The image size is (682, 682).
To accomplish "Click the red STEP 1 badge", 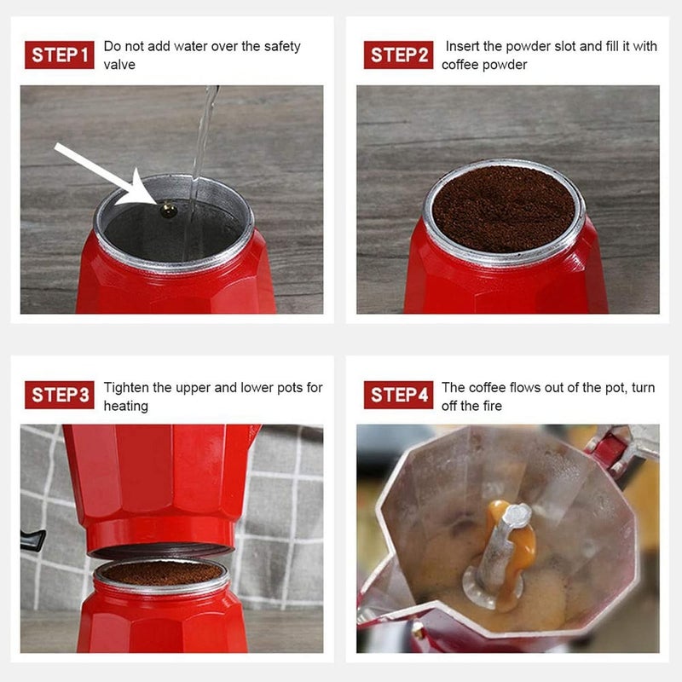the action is point(59,55).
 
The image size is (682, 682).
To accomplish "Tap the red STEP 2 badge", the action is point(398,55).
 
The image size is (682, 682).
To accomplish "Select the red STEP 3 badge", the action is point(59,395).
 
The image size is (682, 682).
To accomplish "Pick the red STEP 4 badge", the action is point(398,395).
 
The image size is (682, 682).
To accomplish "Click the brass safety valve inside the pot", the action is point(168,210).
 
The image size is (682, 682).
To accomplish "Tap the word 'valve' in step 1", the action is point(119,65).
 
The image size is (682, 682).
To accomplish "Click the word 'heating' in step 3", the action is point(126,407).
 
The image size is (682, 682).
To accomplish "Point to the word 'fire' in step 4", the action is point(492,406).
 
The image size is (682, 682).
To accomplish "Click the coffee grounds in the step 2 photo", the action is point(504,208).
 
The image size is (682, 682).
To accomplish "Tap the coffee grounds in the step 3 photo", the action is point(162,572).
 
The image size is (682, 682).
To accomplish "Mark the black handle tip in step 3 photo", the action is point(33,540).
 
